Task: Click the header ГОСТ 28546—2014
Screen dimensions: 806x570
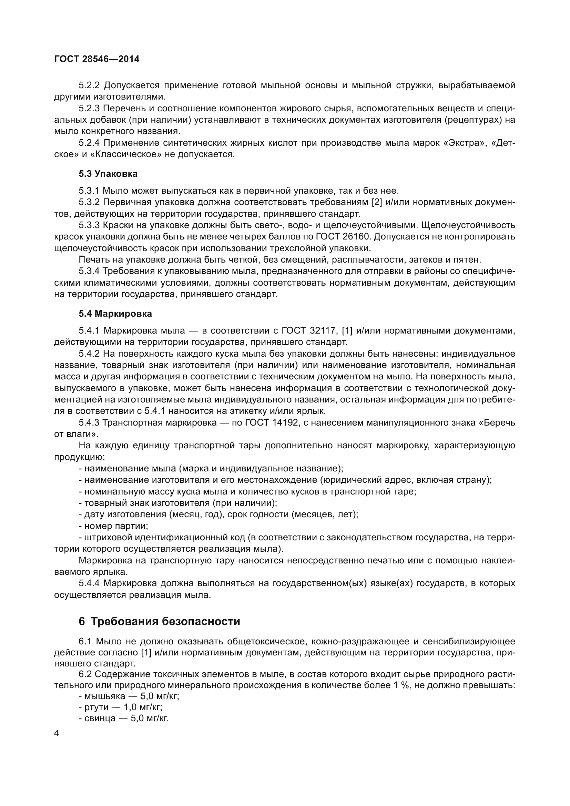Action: point(97,59)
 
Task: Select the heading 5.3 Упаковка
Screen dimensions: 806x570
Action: point(108,174)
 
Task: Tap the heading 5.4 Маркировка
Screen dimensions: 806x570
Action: point(115,314)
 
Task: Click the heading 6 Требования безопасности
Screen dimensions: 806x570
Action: point(159,621)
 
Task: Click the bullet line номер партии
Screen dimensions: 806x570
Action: point(116,526)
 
